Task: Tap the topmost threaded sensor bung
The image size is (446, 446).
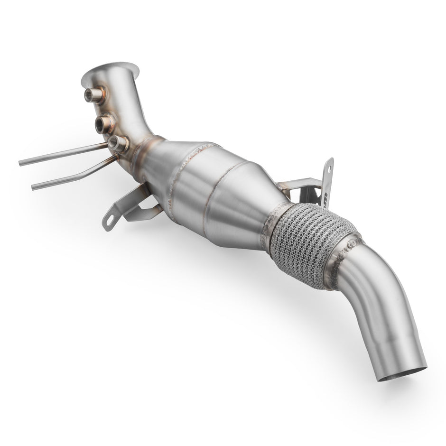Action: click(90, 95)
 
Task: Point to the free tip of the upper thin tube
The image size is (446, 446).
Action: click(21, 164)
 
